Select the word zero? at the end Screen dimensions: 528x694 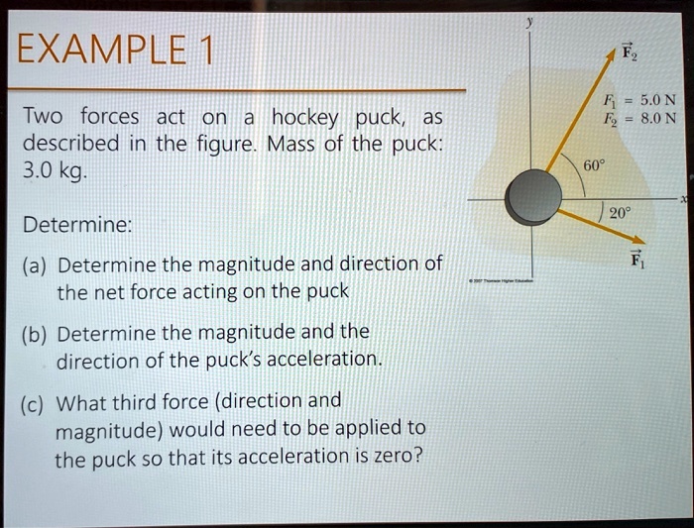click(x=397, y=460)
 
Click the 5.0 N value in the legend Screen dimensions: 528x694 click(x=659, y=100)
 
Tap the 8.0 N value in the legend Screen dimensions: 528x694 click(x=659, y=118)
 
